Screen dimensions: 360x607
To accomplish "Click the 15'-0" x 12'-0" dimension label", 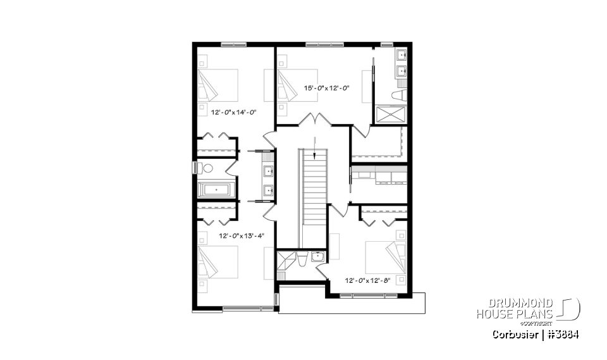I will (327, 88).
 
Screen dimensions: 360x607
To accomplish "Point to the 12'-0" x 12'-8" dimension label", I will (368, 280).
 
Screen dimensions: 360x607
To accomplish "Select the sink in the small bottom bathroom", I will (317, 256).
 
